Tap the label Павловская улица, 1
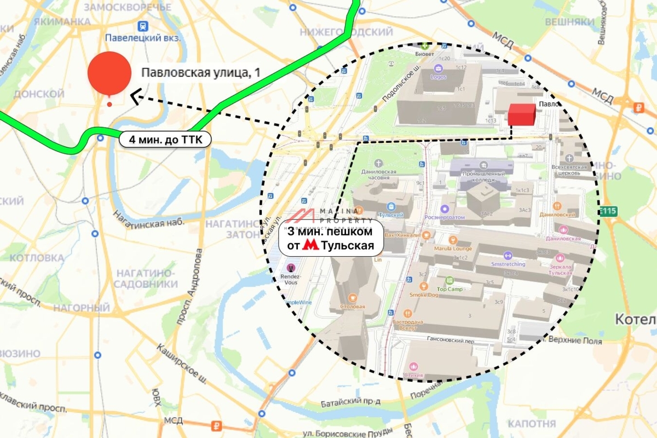pyautogui.click(x=201, y=73)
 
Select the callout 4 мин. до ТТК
pyautogui.click(x=165, y=140)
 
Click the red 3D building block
pyautogui.click(x=521, y=114)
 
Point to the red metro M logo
pyautogui.click(x=310, y=246)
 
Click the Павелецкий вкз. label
pyautogui.click(x=143, y=38)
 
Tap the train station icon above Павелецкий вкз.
pyautogui.click(x=143, y=25)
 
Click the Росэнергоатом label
pyautogui.click(x=444, y=217)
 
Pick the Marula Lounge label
pyautogui.click(x=453, y=248)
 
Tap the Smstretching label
pyautogui.click(x=508, y=263)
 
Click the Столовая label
pyautogui.click(x=352, y=307)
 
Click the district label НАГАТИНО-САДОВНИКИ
pyautogui.click(x=146, y=279)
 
